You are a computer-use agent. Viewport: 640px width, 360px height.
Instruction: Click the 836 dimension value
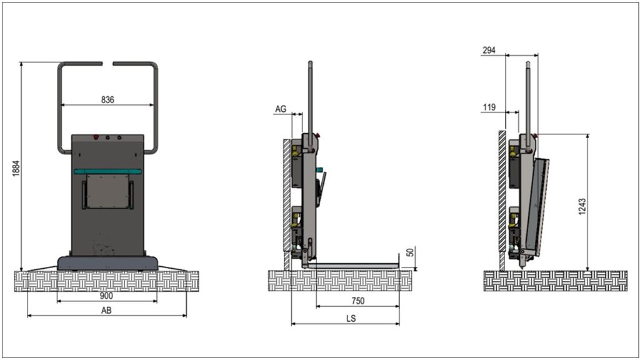coord(107,99)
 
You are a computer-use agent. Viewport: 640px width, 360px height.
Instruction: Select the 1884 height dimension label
coord(16,168)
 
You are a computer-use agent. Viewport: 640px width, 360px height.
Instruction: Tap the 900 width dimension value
coord(106,296)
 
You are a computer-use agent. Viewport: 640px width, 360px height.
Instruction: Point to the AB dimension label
coord(106,311)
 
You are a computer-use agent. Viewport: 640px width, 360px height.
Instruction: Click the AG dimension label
coord(281,109)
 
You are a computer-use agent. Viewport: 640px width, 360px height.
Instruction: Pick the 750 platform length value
coord(358,301)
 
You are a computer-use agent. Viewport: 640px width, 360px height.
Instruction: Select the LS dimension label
coord(351,318)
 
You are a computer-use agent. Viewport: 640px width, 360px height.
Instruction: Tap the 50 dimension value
coord(410,252)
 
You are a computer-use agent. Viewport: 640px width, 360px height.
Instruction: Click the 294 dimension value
coord(489,50)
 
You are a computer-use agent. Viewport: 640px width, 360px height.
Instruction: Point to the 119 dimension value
coord(489,107)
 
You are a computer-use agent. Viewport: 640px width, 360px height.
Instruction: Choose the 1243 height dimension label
coord(582,206)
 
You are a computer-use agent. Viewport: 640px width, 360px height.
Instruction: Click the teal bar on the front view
coord(107,171)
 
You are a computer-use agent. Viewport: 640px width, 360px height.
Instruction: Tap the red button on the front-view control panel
coord(96,137)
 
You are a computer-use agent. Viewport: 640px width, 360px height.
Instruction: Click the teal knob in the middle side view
coord(319,169)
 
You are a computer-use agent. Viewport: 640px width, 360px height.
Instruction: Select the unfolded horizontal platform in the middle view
coord(353,266)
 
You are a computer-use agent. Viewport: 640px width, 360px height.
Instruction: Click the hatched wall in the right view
coord(502,201)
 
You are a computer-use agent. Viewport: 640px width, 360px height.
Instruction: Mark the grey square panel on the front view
coord(107,191)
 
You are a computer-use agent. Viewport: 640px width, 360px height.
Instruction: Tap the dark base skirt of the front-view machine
coord(107,263)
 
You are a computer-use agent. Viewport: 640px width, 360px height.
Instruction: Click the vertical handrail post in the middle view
coord(310,106)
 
